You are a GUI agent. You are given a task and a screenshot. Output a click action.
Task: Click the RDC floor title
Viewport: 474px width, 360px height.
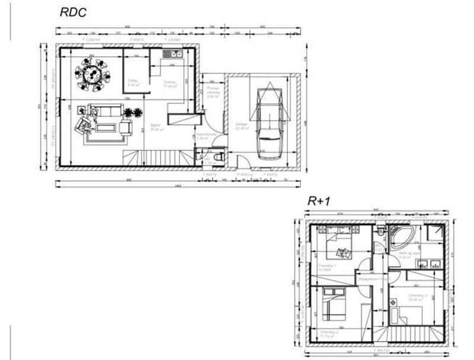[x=73, y=12]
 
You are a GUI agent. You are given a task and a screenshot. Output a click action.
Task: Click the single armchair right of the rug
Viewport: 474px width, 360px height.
[x=126, y=127]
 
